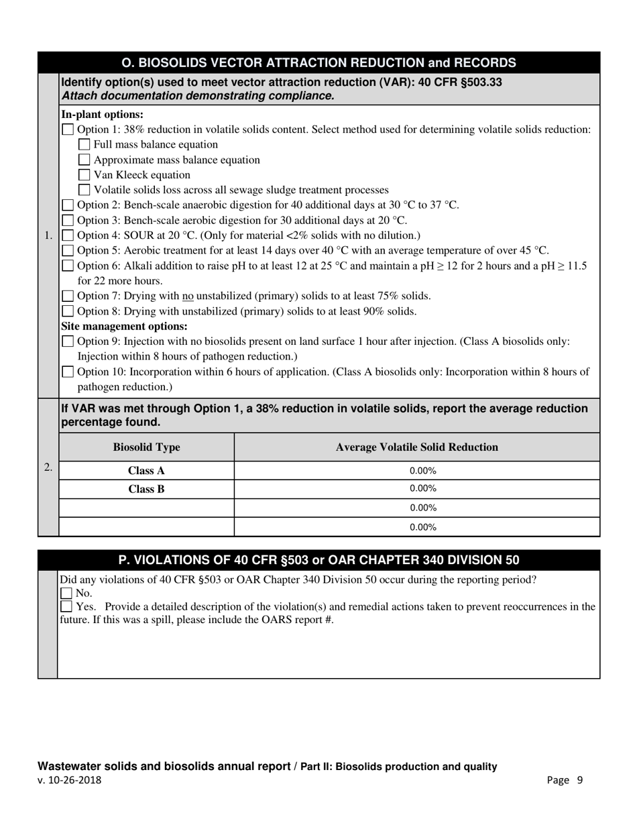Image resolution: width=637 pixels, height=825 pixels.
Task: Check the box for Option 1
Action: point(68,129)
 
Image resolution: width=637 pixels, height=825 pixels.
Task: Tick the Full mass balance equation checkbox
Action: point(84,144)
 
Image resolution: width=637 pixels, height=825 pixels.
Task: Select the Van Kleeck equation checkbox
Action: point(84,175)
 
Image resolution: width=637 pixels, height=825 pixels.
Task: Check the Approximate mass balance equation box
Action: point(84,160)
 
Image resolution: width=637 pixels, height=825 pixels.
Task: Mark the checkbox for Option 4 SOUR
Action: point(68,235)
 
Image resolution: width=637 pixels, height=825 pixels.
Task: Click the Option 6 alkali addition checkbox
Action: point(68,266)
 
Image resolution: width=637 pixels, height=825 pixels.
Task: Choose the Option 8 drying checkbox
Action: point(68,311)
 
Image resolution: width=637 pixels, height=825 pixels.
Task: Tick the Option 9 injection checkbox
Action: point(68,341)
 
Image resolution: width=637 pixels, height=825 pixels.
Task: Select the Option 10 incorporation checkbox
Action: point(68,372)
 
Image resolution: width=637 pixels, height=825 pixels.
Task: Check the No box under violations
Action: point(66,593)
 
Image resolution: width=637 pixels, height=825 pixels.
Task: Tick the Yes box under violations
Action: point(66,607)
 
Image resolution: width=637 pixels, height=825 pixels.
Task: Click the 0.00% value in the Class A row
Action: point(422,471)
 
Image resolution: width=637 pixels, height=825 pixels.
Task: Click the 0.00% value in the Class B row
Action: point(422,489)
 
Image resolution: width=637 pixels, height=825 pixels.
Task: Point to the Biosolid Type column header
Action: point(146,447)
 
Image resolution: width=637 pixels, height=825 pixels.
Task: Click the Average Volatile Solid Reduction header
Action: point(416,447)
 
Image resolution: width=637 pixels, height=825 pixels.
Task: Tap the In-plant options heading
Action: point(102,114)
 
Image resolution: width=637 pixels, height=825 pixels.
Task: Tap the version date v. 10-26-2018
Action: point(70,780)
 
